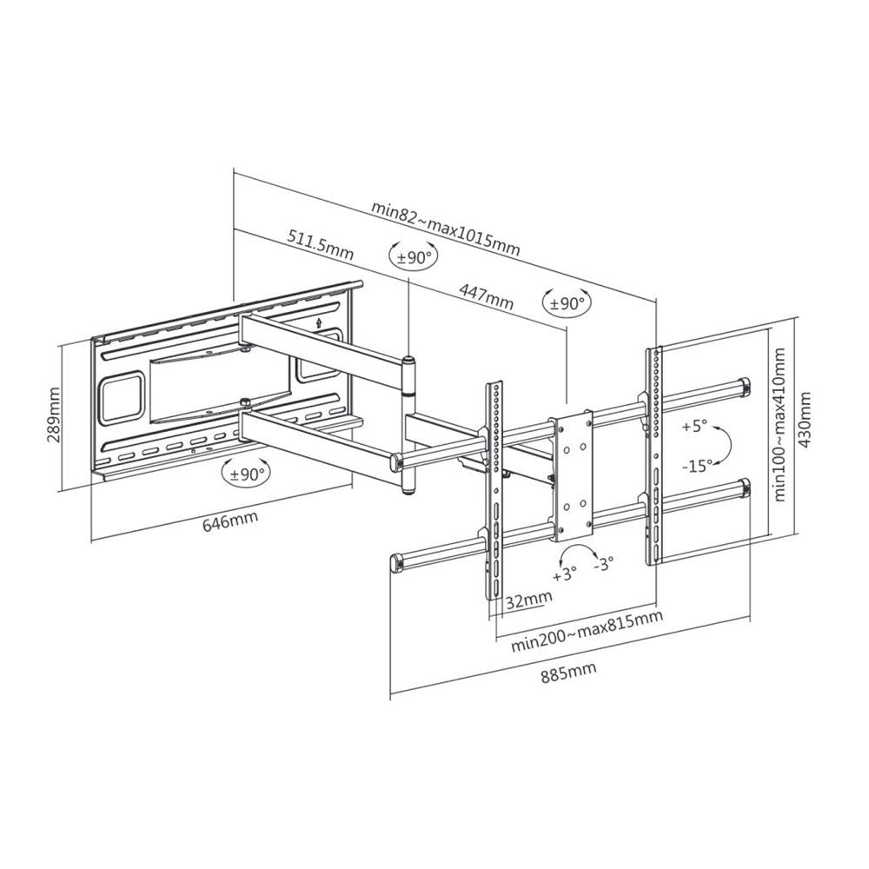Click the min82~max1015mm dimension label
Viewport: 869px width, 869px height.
coord(446,228)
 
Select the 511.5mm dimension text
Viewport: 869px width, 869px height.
coord(321,244)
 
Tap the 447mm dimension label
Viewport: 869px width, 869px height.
coord(486,296)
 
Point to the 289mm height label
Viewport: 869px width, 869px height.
coord(54,415)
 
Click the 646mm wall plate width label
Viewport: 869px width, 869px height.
coord(230,521)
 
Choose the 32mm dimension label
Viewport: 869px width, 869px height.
coord(528,599)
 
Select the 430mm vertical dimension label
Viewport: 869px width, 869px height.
coord(805,420)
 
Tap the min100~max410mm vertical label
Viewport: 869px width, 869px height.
coord(779,425)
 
